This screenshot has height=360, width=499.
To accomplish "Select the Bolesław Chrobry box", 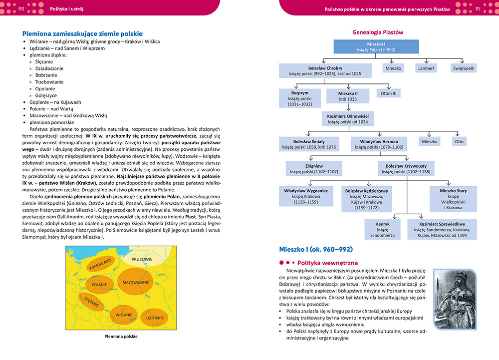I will pos(325,70).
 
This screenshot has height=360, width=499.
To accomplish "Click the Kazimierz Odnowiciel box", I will pos(348,118).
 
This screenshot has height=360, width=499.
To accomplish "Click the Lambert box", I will pos(426,68).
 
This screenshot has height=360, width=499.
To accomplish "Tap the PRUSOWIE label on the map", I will pos(142,259).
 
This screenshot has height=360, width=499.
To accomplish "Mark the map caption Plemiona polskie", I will pos(121,336).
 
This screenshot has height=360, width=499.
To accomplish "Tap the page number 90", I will pos(21,9).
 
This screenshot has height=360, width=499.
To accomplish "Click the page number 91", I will pos(478,9).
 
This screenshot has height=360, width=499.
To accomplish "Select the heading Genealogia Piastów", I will pos(378,32).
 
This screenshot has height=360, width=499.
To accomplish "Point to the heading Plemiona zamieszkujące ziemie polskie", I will pos(83,33).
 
